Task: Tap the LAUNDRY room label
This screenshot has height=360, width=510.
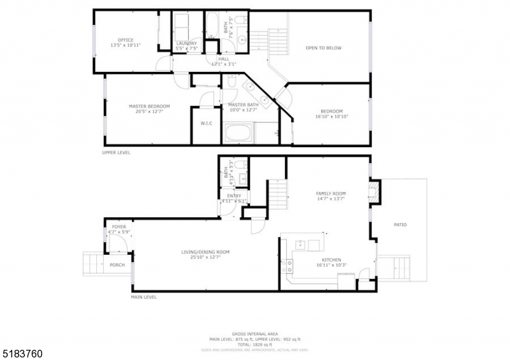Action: point(187,43)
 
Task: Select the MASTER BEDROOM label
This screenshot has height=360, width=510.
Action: point(149,106)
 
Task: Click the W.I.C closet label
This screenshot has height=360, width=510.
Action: point(206,123)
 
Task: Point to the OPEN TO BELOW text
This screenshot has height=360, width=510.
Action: point(324,48)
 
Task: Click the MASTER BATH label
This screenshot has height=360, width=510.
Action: point(242,104)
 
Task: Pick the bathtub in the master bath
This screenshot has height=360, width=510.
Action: point(239,134)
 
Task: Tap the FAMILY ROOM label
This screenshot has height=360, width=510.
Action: point(331,193)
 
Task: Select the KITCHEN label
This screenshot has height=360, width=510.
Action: point(331,259)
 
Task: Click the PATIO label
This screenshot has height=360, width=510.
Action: point(400,224)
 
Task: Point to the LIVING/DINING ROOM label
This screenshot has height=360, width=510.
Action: point(205,252)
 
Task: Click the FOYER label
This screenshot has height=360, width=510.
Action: point(119,226)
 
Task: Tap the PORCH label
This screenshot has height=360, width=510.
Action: point(117,264)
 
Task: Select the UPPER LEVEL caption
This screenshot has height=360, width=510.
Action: point(117,153)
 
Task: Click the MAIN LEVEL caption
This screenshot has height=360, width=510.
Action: point(143,297)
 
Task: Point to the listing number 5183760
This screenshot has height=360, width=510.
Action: point(22,352)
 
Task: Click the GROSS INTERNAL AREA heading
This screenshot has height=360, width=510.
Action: point(255,334)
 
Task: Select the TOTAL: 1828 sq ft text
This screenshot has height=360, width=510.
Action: point(255,344)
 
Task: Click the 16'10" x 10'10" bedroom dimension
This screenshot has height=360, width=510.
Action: point(331,117)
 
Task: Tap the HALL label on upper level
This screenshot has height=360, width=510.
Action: point(224,59)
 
